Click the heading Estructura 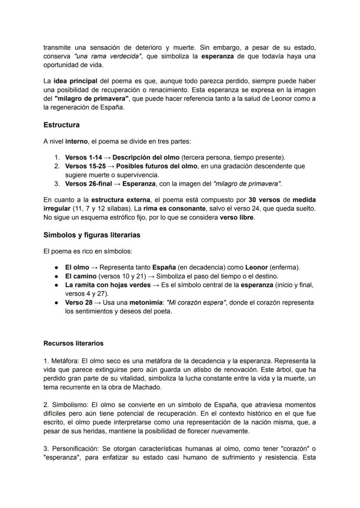tap(61, 125)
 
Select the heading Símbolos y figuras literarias tap(92, 235)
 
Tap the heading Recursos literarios tap(73, 343)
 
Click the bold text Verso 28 tap(79, 302)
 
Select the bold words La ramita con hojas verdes tap(104, 285)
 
